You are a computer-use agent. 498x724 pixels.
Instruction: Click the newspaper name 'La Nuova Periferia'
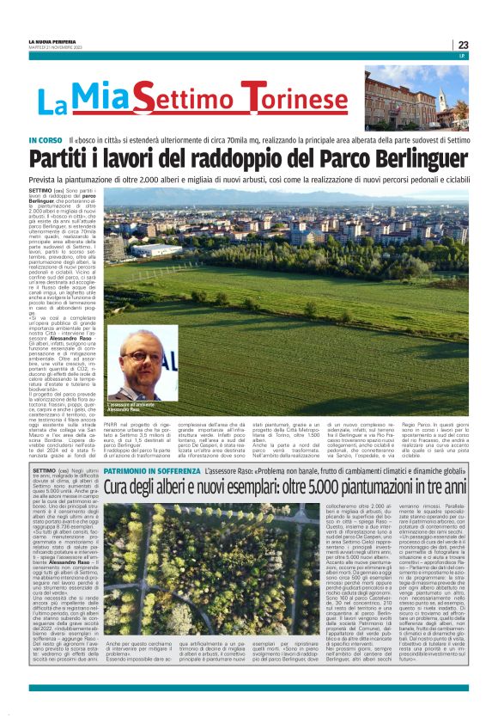click(x=52, y=41)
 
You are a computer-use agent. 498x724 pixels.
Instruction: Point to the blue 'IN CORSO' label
click(x=46, y=139)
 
